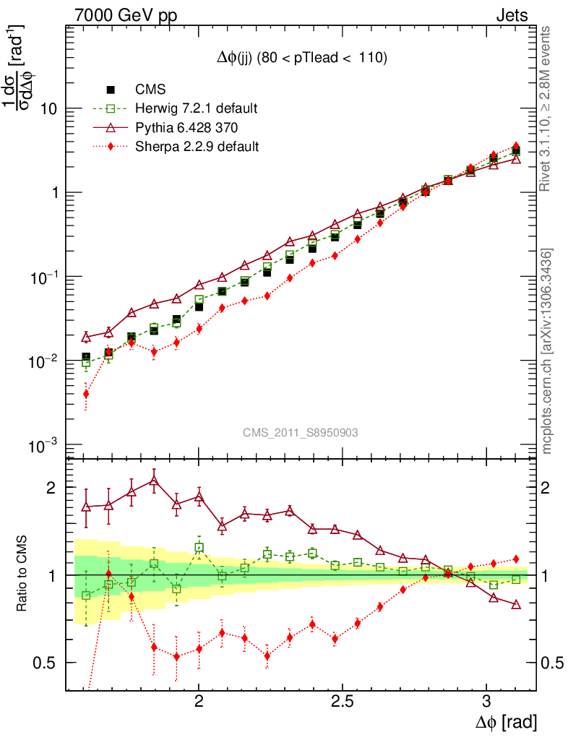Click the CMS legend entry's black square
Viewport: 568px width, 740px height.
111,90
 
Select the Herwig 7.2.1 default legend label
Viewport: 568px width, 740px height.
197,108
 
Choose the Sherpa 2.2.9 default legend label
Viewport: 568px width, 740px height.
197,147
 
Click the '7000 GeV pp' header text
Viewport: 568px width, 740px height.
126,15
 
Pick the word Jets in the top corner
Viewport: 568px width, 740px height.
511,15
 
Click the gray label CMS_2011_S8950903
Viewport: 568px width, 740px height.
301,432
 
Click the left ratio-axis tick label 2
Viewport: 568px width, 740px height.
50,488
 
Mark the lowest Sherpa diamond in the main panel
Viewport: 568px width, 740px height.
86,394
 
